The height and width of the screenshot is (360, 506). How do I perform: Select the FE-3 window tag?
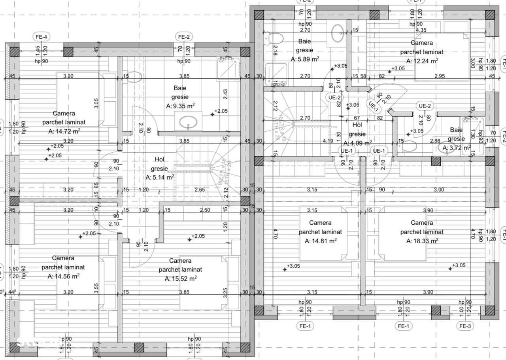464,326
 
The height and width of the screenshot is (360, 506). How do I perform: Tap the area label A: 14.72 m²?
64,132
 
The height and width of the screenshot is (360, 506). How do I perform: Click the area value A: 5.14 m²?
160,178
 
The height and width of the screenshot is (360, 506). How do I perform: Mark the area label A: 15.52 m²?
181,279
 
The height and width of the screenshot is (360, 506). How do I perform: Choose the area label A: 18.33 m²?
422,241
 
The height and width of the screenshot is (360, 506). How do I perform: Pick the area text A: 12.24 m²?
422,61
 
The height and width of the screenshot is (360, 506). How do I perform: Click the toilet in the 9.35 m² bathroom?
134,77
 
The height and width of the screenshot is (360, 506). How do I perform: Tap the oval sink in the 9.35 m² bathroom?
189,122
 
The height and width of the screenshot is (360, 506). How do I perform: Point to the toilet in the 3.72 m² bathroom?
409,147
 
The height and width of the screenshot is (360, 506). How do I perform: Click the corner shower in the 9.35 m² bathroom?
228,67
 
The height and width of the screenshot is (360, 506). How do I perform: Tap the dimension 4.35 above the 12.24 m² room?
421,30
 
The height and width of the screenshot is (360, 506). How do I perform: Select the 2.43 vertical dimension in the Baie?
225,94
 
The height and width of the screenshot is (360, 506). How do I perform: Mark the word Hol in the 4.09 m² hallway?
357,125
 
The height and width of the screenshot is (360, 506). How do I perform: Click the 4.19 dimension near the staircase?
327,141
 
